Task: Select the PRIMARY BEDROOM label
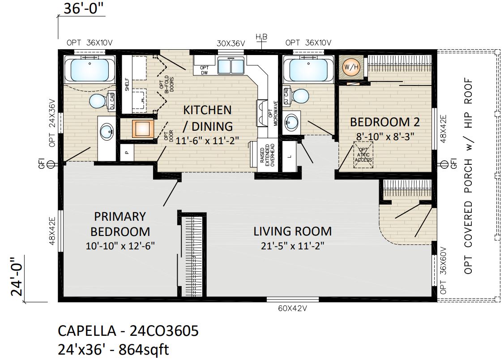click(x=120, y=224)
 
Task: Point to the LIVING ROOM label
click(x=292, y=231)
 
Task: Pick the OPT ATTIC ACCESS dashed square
click(x=363, y=155)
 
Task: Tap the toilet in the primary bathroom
click(x=97, y=101)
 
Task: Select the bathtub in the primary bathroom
click(x=90, y=69)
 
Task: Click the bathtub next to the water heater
click(x=311, y=69)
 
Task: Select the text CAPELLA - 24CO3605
click(x=128, y=331)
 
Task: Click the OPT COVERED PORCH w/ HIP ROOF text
click(x=468, y=176)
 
